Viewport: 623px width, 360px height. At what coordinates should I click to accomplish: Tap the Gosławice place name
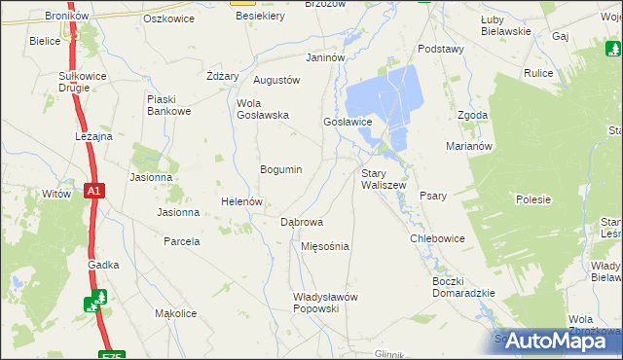point(348,122)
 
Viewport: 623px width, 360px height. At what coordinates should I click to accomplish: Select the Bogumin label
point(280,169)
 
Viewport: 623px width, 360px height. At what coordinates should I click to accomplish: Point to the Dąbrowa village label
point(302,222)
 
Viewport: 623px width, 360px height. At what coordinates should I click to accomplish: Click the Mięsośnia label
point(325,246)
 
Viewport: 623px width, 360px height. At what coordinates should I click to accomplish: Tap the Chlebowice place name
point(437,238)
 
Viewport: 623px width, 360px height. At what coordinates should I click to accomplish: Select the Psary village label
point(433,196)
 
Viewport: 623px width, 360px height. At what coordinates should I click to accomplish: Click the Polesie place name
point(533,199)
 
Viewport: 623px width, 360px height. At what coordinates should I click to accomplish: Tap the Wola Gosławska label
point(263,109)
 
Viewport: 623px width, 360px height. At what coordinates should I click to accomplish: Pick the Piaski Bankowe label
point(167,105)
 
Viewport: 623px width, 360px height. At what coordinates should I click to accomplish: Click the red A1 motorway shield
point(92,192)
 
